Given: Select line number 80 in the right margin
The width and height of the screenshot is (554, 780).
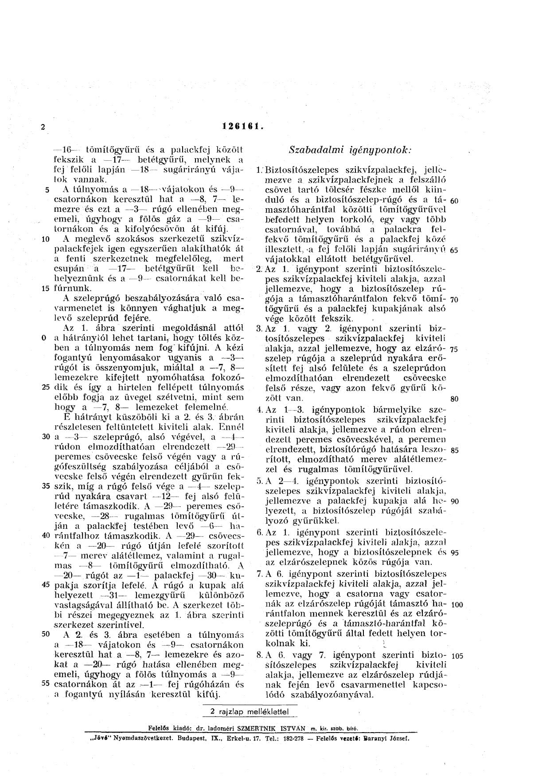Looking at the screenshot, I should coord(454,399).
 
